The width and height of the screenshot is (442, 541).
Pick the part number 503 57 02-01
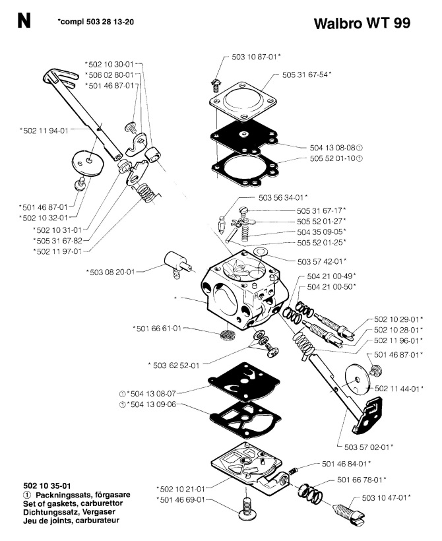pyautogui.click(x=365, y=447)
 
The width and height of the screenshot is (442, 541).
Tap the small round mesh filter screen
pyautogui.click(x=228, y=333)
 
